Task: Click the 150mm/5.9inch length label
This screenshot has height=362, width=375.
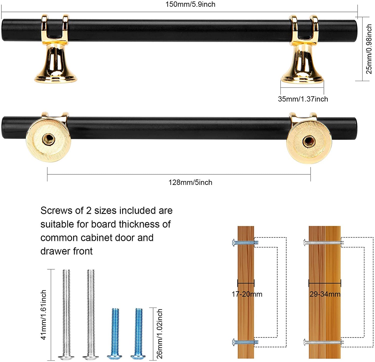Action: [x=190, y=4]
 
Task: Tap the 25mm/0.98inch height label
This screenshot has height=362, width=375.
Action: [x=369, y=49]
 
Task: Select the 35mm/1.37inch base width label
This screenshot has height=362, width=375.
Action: [x=303, y=99]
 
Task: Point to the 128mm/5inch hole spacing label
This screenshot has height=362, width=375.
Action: [x=190, y=182]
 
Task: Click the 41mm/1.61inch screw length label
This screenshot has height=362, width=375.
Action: [x=44, y=315]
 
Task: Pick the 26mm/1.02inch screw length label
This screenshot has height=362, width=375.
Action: [x=160, y=334]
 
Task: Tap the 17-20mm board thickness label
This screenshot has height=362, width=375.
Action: [x=247, y=294]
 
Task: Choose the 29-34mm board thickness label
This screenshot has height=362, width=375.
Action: [x=325, y=294]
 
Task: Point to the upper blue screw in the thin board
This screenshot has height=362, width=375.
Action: [x=245, y=243]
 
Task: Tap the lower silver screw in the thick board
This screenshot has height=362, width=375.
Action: [x=323, y=342]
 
